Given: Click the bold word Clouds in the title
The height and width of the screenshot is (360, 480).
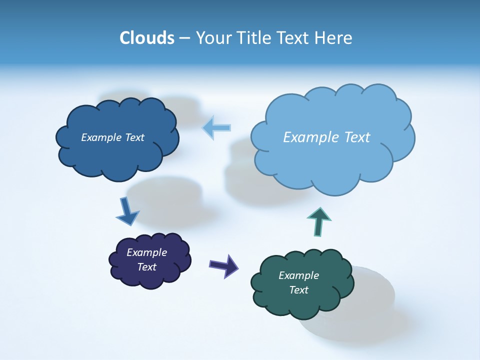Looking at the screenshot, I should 146,38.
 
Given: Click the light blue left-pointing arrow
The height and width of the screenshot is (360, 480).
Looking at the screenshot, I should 216,127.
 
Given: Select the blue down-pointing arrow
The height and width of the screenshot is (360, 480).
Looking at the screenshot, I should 126,212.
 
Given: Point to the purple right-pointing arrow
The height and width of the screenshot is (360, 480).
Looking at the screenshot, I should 224,265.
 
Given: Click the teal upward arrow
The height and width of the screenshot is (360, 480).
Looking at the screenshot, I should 319,221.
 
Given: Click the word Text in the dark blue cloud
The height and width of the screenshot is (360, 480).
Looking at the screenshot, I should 134,137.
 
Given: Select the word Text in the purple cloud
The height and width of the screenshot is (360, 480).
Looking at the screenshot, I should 147,267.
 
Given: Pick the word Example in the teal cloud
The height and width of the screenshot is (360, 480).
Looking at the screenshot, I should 298,275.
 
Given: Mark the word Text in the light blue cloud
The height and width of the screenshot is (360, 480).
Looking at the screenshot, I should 356,137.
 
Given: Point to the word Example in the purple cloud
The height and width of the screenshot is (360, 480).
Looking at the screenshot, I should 146,252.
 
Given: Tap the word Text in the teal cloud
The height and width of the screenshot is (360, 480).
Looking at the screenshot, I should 298,290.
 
